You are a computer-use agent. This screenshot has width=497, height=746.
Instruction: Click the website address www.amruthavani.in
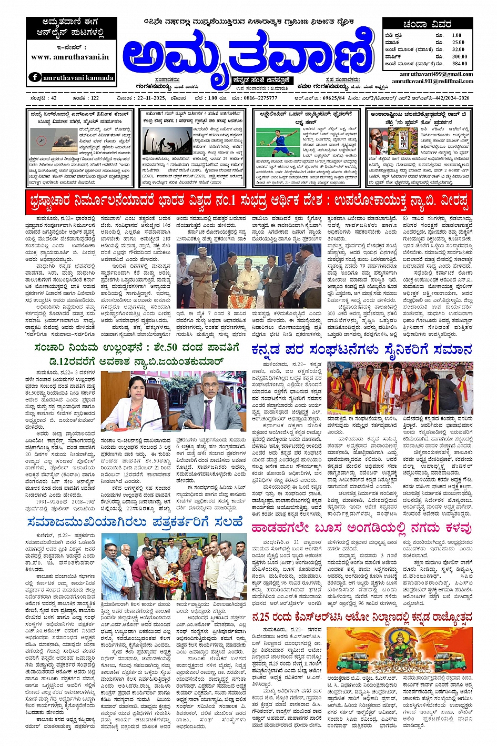tap(70, 57)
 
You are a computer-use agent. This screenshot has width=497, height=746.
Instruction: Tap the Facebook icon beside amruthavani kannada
tap(35, 77)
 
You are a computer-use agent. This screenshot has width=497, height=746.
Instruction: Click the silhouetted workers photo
tap(167, 142)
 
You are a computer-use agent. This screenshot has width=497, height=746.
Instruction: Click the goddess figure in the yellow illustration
tap(400, 647)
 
